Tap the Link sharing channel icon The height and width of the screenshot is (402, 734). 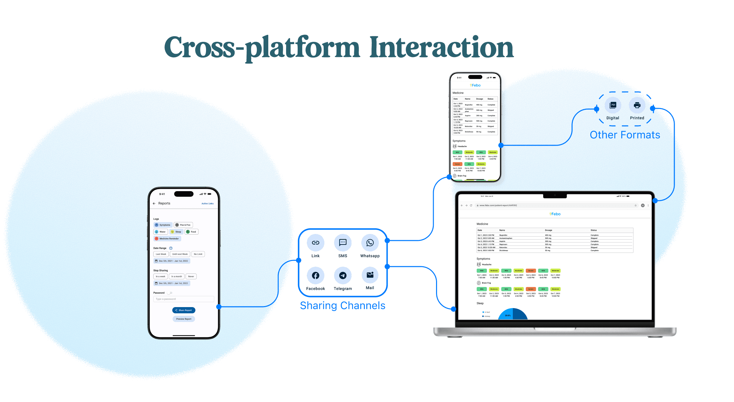[315, 243]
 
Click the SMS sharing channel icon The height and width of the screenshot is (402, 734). [343, 243]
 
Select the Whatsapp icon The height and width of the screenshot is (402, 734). [370, 243]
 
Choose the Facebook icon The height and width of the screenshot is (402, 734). [315, 275]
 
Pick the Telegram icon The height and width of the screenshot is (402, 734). [343, 275]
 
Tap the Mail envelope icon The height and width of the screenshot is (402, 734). [370, 275]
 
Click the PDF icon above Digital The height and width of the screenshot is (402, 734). [613, 105]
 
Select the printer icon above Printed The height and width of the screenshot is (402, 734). [637, 105]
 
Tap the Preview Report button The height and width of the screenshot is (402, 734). [184, 319]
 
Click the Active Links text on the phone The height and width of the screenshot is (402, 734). [207, 204]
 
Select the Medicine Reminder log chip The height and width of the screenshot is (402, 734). [167, 239]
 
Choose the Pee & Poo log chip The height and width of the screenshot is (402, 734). [183, 225]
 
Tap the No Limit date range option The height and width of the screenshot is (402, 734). [198, 254]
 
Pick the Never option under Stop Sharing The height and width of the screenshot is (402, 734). [191, 276]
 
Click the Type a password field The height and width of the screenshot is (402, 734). [184, 299]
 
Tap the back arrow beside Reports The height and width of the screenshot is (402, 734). [154, 204]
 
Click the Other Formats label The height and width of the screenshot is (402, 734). [625, 135]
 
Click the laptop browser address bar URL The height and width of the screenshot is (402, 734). [498, 205]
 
